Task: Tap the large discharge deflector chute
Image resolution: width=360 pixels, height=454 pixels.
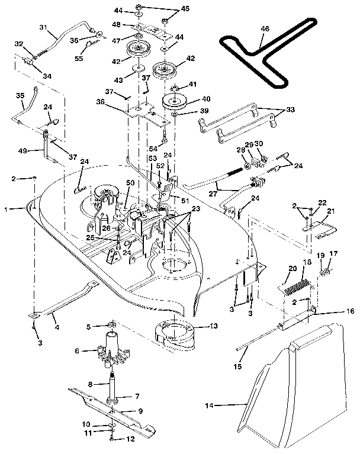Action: click(296, 385)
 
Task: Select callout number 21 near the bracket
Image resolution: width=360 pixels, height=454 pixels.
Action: click(330, 211)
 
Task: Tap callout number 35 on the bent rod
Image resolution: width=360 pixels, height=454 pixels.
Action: click(20, 95)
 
